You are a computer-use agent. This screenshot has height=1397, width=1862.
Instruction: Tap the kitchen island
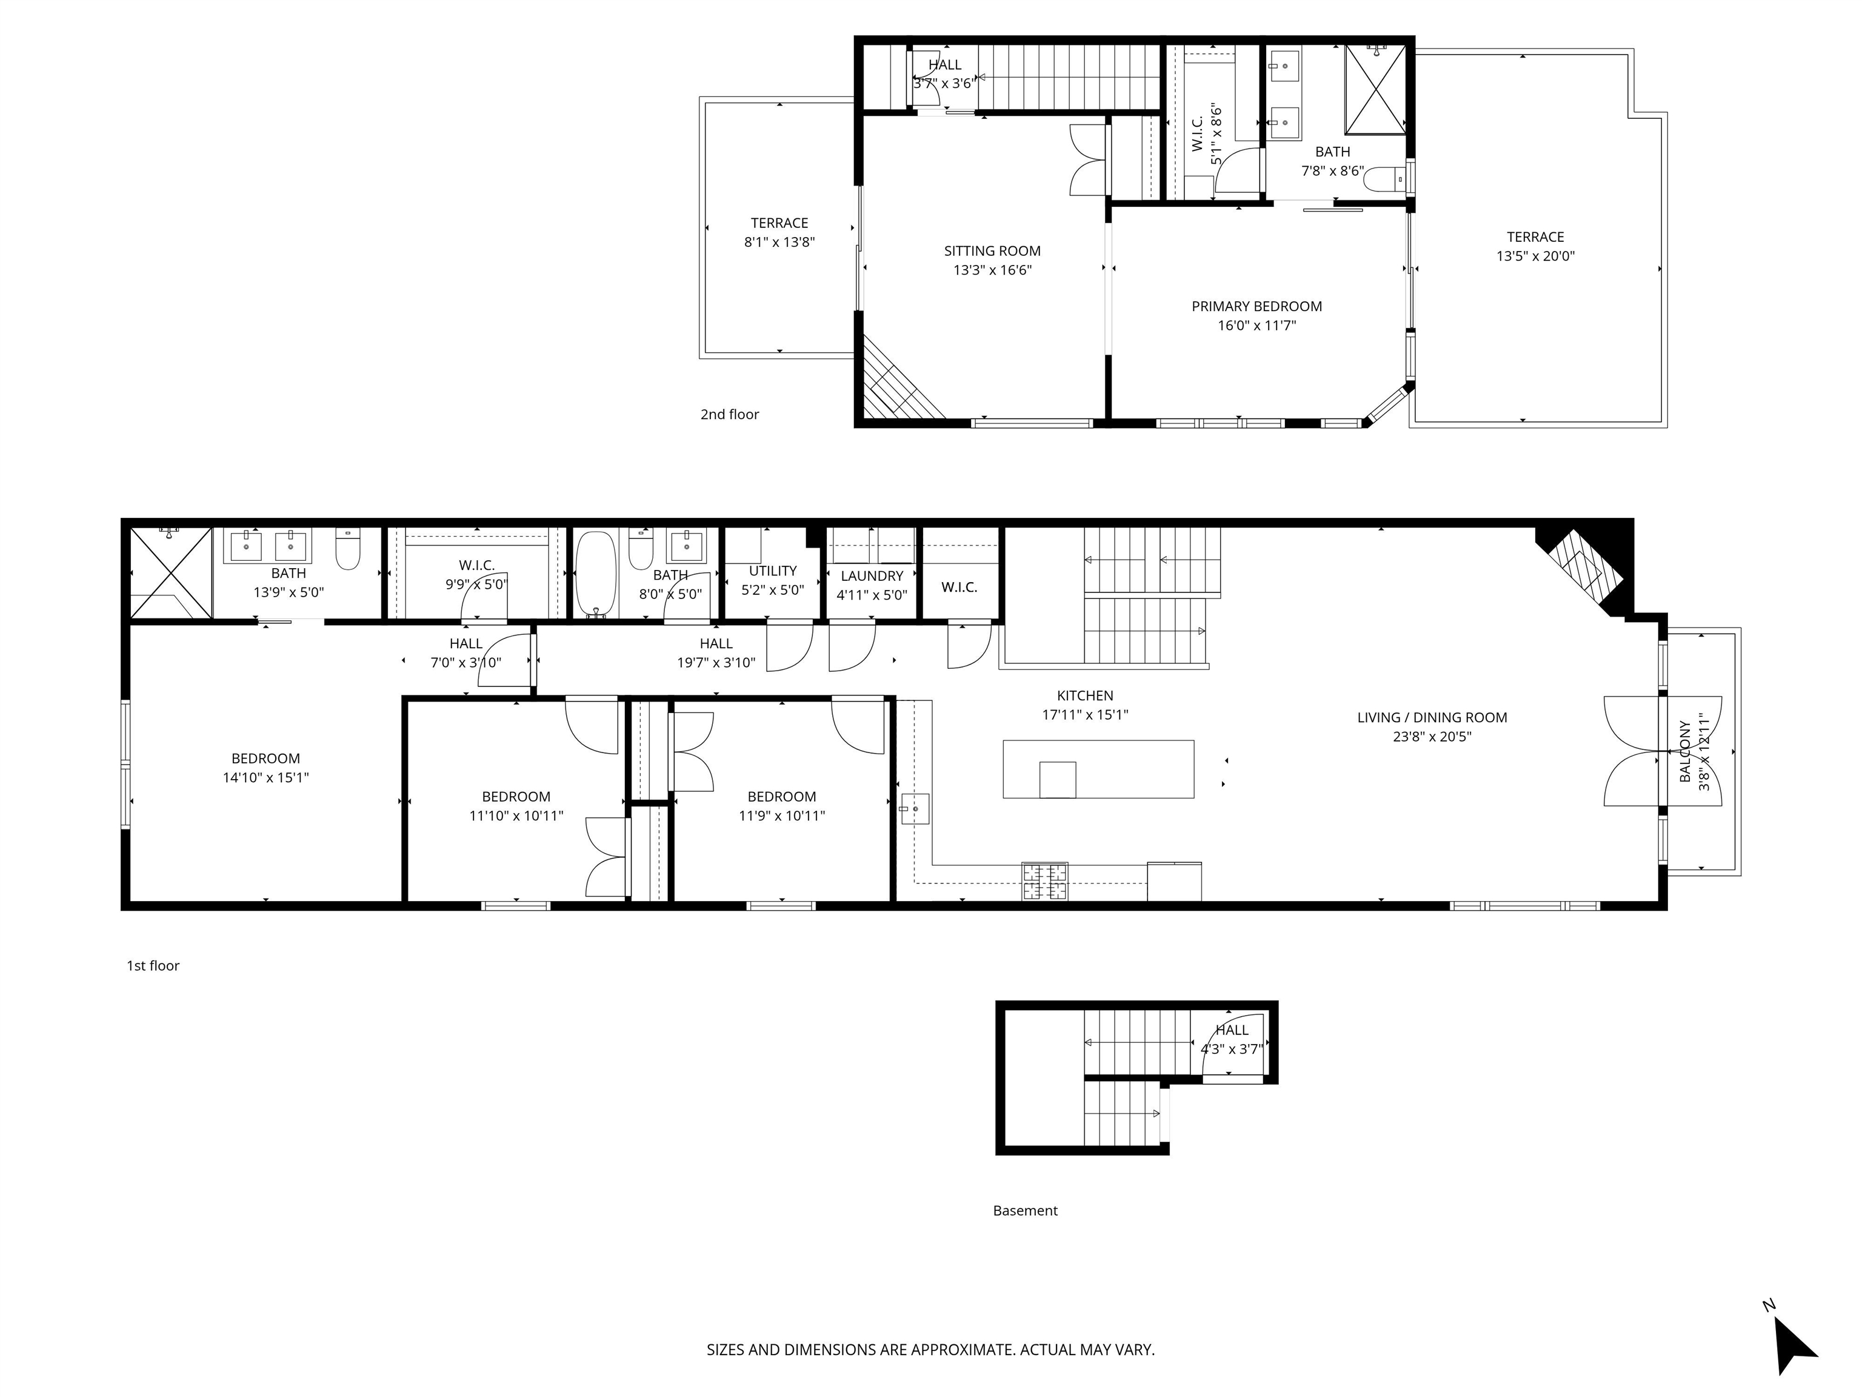click(1098, 769)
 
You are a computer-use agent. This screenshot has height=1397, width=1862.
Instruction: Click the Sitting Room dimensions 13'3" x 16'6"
click(992, 270)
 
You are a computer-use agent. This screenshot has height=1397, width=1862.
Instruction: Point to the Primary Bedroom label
click(1256, 307)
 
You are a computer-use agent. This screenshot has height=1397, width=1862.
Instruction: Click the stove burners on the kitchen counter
click(1044, 881)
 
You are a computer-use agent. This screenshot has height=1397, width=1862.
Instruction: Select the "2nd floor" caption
click(729, 414)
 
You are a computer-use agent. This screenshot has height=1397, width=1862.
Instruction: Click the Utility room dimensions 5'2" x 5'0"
click(772, 591)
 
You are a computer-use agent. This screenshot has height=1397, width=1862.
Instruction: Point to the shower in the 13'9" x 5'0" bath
click(170, 572)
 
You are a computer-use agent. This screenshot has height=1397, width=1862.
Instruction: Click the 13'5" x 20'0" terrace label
click(1535, 247)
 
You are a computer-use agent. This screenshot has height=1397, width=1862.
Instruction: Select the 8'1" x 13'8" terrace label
click(779, 232)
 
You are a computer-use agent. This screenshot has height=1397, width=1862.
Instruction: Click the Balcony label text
click(1684, 751)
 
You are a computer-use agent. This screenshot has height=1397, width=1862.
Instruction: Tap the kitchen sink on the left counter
click(914, 808)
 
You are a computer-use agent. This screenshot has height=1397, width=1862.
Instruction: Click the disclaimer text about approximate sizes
click(930, 1350)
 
